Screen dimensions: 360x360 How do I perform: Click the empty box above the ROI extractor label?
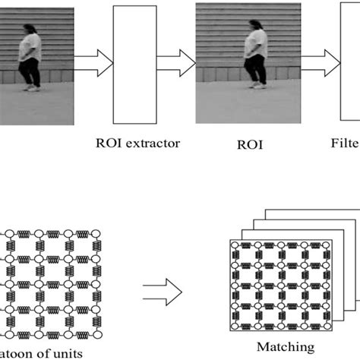coord(134,65)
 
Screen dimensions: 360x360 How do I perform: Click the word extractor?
coord(155,143)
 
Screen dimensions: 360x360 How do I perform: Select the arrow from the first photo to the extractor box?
coord(94,63)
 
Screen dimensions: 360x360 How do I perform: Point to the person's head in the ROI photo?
coord(257,26)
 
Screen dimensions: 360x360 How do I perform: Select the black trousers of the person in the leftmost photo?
coord(30,71)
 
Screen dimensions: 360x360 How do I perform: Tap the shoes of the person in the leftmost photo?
coord(31,88)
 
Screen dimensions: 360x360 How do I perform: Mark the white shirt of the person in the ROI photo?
coord(254,43)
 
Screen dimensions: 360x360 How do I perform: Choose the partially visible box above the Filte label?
coord(349,65)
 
